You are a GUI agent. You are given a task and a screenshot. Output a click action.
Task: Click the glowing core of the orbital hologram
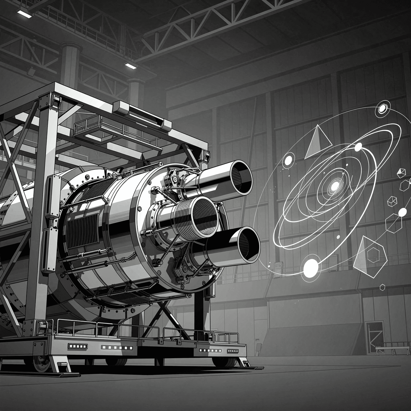334,186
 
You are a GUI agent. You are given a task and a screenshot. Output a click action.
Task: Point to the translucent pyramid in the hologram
316,143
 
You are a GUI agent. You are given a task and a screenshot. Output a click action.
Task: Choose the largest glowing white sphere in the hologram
311,267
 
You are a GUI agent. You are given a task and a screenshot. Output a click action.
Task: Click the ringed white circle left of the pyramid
288,160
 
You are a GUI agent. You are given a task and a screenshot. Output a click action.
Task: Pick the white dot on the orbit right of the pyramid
358,146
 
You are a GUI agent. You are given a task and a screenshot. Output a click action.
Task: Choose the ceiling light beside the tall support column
131,66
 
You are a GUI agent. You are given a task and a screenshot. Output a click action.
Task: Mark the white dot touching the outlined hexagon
402,212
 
